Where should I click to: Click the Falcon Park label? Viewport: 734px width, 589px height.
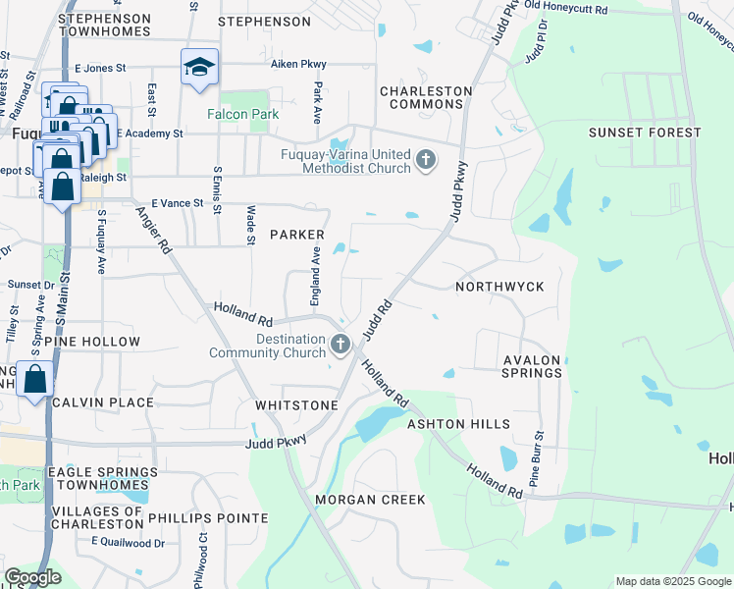tap(242, 114)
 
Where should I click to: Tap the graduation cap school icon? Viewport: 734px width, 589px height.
tap(199, 68)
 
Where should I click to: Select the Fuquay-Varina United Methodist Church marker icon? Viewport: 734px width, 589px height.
tap(425, 159)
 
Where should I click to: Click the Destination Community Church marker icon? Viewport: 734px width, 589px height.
tap(340, 344)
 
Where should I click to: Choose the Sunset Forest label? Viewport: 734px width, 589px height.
tap(645, 132)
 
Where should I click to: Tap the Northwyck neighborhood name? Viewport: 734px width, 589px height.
tap(499, 286)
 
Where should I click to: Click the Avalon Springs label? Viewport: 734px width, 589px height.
tap(532, 366)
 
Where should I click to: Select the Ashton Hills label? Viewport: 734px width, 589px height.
tap(458, 423)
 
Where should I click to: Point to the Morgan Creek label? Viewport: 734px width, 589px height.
tap(370, 500)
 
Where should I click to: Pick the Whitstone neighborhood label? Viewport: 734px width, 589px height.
tap(296, 404)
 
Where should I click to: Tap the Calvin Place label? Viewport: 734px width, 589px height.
tap(103, 402)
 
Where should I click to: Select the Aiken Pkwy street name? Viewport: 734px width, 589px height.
tap(298, 65)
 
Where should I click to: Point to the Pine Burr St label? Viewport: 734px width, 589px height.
tap(537, 457)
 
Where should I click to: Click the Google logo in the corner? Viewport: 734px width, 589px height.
tap(32, 577)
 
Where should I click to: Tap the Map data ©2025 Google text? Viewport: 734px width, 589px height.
tap(672, 581)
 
